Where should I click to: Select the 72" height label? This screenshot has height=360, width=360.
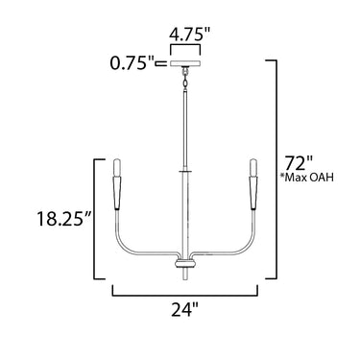(x=296, y=163)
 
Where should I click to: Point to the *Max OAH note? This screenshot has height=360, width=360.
(x=307, y=178)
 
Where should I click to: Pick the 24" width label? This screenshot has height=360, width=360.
(x=185, y=309)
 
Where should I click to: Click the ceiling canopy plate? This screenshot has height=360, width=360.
(x=185, y=63)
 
